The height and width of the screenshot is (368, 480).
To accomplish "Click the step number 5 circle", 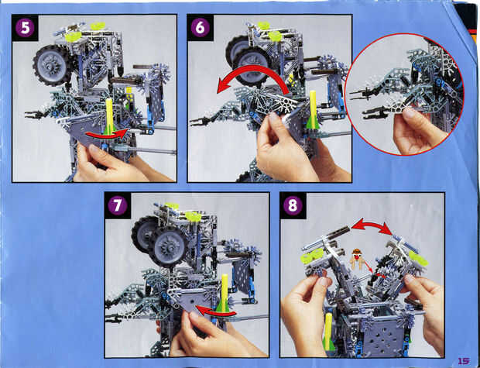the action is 25,28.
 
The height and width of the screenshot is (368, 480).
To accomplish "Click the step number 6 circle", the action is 201,28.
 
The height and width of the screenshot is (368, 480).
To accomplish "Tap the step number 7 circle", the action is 117,205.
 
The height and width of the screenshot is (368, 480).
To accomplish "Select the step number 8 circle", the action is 293,205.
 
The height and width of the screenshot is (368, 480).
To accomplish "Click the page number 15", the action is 464,360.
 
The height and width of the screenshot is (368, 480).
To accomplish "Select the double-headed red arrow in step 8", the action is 372,225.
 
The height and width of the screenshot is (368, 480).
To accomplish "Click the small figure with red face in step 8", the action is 355,259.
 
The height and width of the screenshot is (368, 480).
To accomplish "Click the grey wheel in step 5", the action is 51,65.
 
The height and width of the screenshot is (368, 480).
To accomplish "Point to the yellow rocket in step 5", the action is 109,116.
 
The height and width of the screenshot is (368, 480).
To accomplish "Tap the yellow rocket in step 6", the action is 312,110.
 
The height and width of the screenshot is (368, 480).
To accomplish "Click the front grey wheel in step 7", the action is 168,246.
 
